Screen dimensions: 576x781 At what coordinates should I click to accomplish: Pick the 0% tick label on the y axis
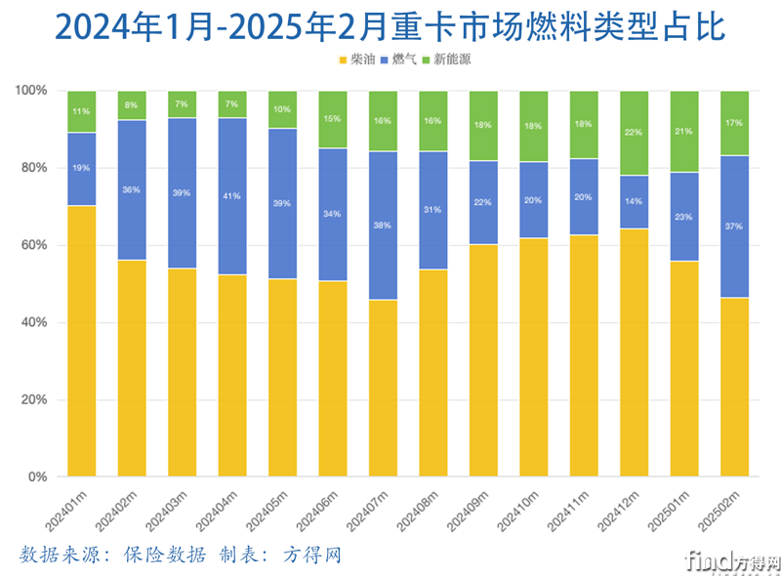coord(37,477)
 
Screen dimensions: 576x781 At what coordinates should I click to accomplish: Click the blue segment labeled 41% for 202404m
coord(231,196)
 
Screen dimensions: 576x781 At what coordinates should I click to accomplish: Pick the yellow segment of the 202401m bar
coord(81,341)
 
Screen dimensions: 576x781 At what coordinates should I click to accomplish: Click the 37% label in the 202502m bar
coord(733,226)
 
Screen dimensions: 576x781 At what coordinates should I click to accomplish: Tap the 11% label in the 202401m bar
coord(81,111)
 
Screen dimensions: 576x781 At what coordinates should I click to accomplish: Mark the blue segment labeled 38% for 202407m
coord(382,226)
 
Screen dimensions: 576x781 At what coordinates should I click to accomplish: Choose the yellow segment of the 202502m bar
coord(733,387)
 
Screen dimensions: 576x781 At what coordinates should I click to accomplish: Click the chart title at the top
coord(390,26)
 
